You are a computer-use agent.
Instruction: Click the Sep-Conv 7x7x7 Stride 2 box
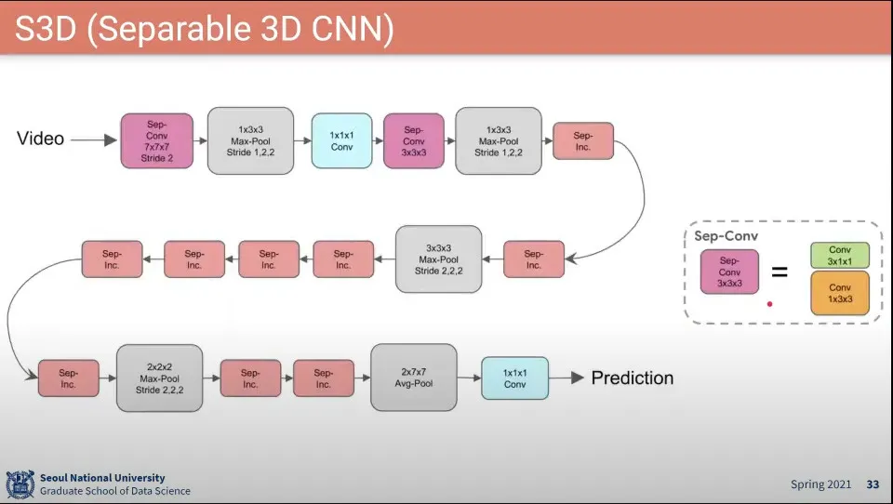tap(156, 140)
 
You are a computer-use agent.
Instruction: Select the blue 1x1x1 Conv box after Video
tap(341, 140)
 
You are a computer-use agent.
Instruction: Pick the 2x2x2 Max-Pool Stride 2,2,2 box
tap(160, 378)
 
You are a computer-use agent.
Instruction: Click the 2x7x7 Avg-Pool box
tap(414, 378)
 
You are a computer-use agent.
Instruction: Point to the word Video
tap(41, 139)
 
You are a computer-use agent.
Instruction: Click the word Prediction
tap(633, 378)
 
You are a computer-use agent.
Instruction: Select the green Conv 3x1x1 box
tap(840, 256)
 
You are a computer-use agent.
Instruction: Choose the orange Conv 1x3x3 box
tap(840, 293)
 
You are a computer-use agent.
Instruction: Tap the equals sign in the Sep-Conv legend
tap(779, 273)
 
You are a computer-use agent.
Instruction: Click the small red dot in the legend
tap(769, 303)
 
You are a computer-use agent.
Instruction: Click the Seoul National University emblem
tap(20, 484)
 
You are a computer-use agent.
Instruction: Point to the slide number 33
tap(873, 484)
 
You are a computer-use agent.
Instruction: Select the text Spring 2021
tap(820, 484)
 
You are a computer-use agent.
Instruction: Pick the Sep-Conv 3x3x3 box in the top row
tap(414, 140)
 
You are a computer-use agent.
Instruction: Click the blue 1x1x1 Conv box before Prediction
tap(514, 378)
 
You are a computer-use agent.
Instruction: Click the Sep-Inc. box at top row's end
tap(583, 140)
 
